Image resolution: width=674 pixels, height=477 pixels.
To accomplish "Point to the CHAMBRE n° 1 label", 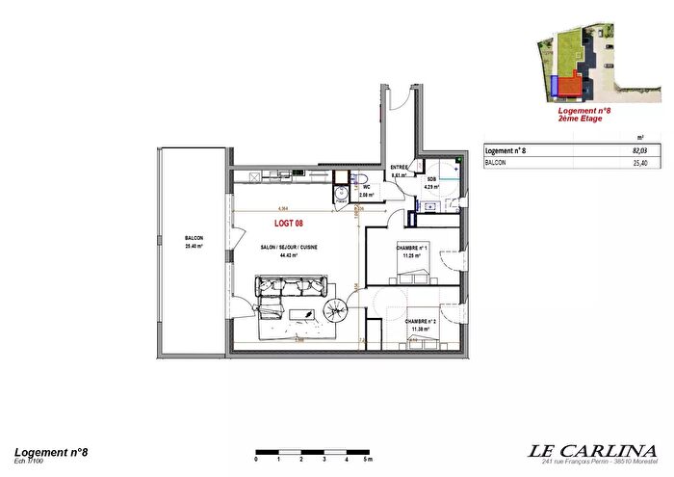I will (411, 247).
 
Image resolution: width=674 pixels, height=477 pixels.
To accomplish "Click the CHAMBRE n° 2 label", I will (421, 322).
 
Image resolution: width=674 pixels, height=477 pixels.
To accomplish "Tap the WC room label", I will (366, 187).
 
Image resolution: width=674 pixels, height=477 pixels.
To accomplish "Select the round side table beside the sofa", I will (338, 309).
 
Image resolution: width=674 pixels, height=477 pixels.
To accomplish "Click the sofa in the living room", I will (291, 286).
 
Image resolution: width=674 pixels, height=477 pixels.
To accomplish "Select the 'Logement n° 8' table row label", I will (505, 151).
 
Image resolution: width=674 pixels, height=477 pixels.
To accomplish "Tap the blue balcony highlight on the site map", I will (557, 88).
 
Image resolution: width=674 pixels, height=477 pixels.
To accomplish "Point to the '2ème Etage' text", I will (581, 119).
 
